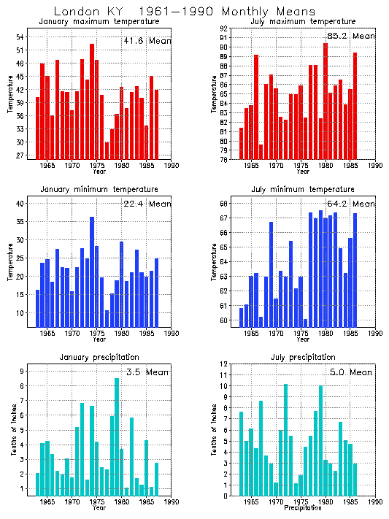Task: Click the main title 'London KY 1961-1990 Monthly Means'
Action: [x=185, y=12]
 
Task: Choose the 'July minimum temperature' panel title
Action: [x=303, y=189]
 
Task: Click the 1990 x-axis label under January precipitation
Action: [x=172, y=503]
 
